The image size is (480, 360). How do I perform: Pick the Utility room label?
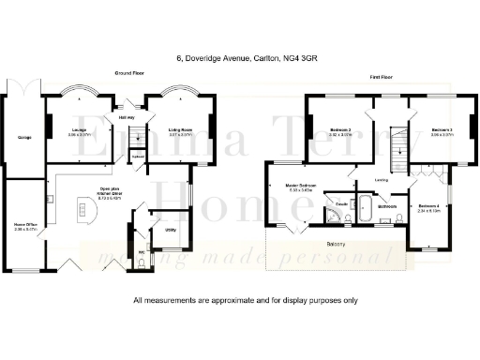[x=172, y=228]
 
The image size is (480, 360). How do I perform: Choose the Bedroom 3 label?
[x=442, y=130]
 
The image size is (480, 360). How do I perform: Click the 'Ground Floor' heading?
[x=128, y=72]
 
